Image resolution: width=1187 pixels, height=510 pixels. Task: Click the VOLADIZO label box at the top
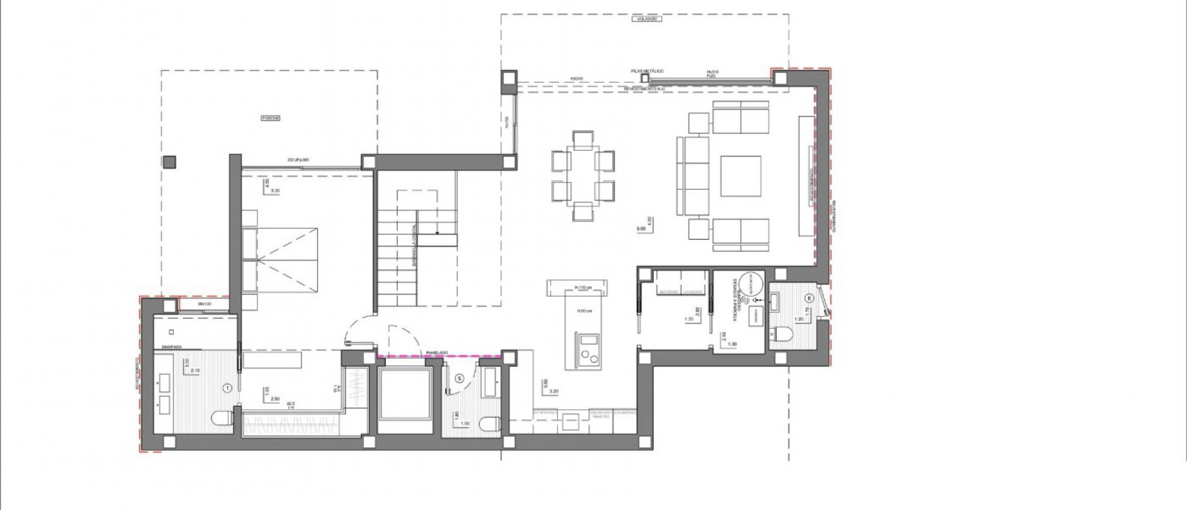[646, 19]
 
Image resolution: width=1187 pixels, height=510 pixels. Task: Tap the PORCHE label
[271, 118]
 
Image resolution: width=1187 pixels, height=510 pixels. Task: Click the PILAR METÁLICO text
[647, 71]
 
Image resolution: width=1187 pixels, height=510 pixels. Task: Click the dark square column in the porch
[169, 162]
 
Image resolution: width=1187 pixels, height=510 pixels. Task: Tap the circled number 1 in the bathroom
[227, 387]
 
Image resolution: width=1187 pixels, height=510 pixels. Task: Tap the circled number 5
[460, 378]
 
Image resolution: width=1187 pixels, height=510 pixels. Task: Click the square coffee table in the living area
[741, 176]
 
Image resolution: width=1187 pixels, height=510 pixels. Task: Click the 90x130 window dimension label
[204, 304]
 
